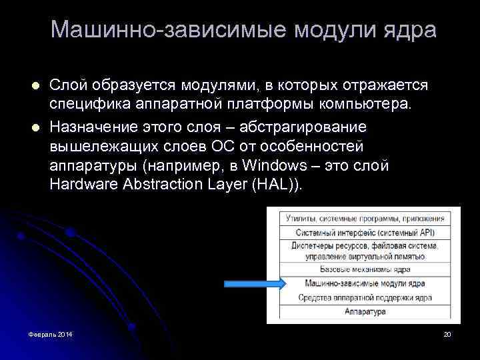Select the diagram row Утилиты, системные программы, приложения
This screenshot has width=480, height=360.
pos(364,218)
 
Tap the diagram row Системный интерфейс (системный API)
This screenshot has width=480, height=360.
pos(364,232)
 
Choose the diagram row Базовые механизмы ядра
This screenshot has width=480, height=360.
pos(364,269)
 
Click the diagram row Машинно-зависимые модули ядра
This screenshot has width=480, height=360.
pos(364,283)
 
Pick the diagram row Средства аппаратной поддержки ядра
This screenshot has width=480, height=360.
pos(364,297)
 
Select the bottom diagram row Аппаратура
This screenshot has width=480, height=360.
pos(364,311)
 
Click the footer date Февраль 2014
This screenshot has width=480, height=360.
pos(47,333)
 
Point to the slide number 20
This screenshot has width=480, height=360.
pos(447,333)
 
